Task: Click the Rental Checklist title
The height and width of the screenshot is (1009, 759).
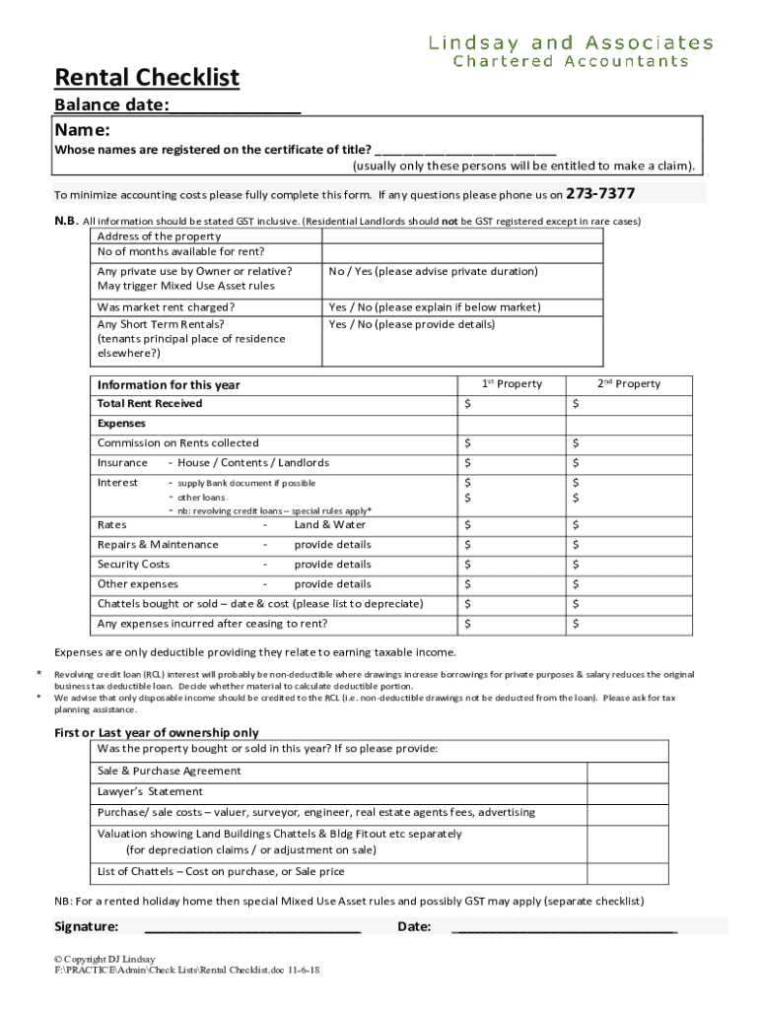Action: point(147,77)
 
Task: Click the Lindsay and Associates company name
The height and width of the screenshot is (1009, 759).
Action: point(571,42)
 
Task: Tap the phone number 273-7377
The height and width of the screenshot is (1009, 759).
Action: point(599,193)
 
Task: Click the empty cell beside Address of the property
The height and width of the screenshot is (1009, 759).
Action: point(462,236)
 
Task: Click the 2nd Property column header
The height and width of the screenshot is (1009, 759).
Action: point(629,384)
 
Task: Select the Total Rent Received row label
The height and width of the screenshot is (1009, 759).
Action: point(150,404)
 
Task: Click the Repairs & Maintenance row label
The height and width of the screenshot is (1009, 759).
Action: point(158,545)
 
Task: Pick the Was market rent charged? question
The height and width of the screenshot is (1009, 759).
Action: point(166,307)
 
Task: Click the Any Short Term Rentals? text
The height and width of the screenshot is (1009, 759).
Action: point(161,324)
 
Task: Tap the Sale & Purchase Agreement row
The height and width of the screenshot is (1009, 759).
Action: point(169,772)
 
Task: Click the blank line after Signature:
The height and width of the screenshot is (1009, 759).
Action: point(252,926)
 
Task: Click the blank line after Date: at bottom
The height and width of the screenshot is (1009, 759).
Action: point(563,926)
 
